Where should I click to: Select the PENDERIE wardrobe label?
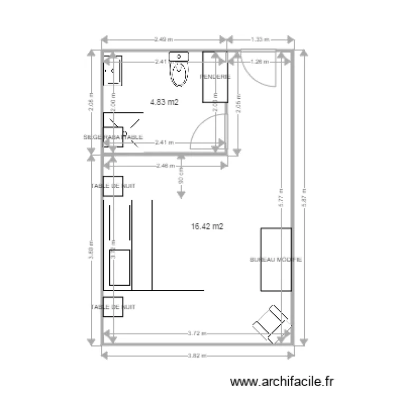pyautogui.click(x=215, y=77)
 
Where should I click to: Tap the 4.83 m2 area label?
pyautogui.click(x=164, y=102)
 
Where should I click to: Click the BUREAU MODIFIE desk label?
pyautogui.click(x=276, y=260)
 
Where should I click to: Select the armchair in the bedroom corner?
pyautogui.click(x=271, y=322)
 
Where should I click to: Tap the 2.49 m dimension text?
pyautogui.click(x=164, y=39)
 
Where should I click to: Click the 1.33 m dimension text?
pyautogui.click(x=260, y=39)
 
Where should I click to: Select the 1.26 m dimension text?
pyautogui.click(x=260, y=61)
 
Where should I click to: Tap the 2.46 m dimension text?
pyautogui.click(x=165, y=166)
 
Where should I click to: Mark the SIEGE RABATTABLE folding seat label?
pyautogui.click(x=113, y=137)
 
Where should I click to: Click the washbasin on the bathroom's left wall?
pyautogui.click(x=112, y=70)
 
